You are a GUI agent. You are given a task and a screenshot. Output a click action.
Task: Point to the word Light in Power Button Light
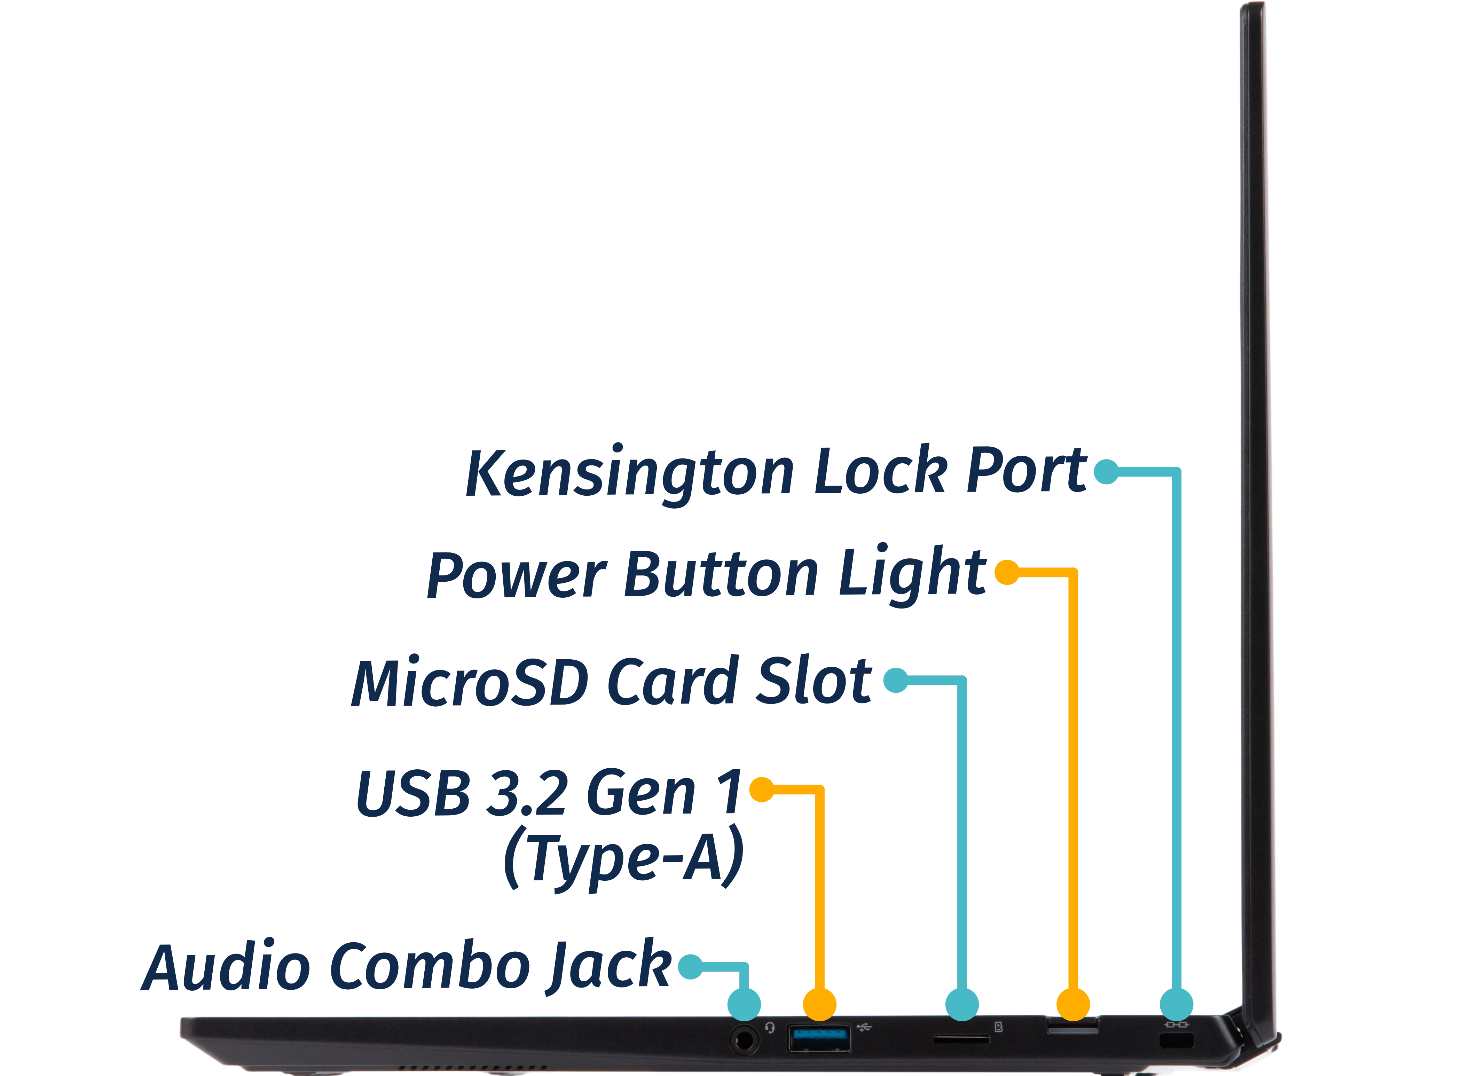pos(912,574)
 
